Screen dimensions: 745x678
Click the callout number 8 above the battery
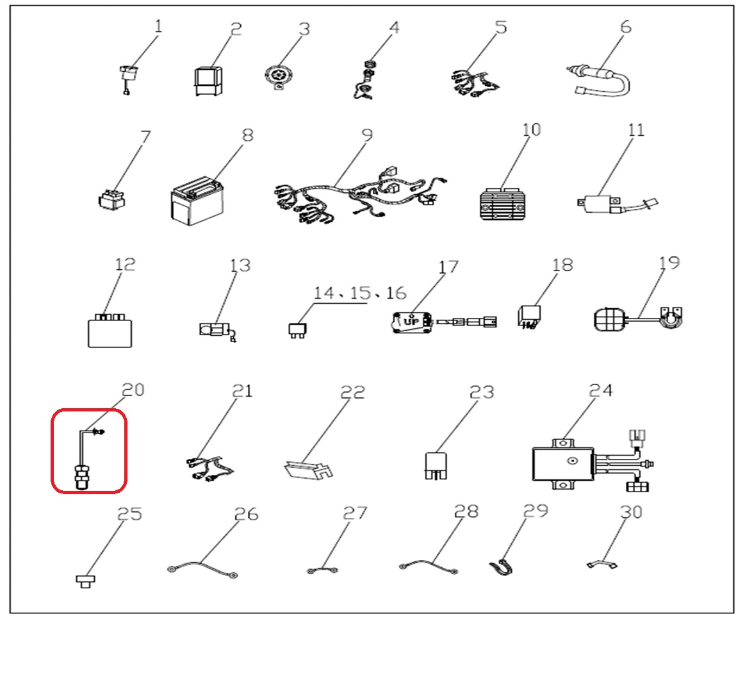coord(247,135)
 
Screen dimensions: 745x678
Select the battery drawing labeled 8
coord(197,202)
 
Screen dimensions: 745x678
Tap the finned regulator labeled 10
coord(503,204)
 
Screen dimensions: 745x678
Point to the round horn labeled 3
coord(279,76)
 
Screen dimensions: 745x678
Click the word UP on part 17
coord(411,322)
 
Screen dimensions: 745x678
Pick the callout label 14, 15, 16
coord(359,293)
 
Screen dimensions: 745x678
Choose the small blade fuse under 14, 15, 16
coord(297,330)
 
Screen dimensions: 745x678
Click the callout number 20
coord(133,390)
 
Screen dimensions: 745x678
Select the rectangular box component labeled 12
coord(110,331)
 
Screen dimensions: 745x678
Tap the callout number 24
coord(601,390)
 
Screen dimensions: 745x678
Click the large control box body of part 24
coord(563,463)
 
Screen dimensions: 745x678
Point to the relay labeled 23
coord(436,465)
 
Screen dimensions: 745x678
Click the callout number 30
coord(631,512)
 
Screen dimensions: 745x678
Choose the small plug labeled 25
coord(86,581)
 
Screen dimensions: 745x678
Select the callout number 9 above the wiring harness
coord(367,135)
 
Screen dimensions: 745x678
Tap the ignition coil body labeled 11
coord(599,204)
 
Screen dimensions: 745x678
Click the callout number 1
coord(158,26)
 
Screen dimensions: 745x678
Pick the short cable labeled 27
coord(322,570)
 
